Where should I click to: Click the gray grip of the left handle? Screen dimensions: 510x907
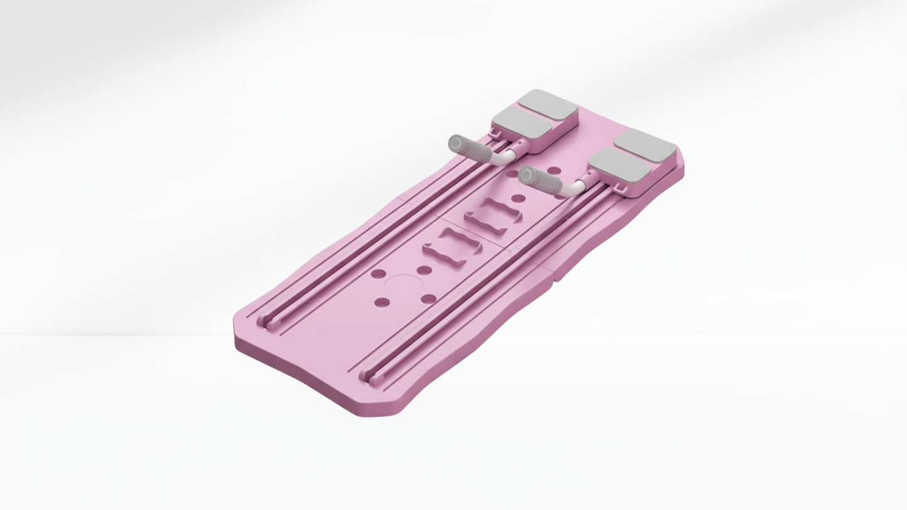[x=471, y=150]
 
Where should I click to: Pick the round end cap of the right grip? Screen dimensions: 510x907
[x=526, y=174]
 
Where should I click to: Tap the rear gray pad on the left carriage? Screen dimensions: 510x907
[x=547, y=104]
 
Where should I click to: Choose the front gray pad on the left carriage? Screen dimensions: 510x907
[x=522, y=122]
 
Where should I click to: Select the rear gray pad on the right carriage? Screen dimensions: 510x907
[x=645, y=146]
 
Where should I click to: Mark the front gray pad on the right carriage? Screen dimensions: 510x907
[x=619, y=166]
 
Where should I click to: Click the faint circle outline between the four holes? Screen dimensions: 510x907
[x=402, y=287]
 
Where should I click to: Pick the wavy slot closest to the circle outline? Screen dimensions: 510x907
[x=452, y=246]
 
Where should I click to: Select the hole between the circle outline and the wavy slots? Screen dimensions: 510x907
[x=424, y=270]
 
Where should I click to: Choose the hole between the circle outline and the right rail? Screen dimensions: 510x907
[x=429, y=299]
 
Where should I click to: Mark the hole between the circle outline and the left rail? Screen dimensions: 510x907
[x=378, y=274]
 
